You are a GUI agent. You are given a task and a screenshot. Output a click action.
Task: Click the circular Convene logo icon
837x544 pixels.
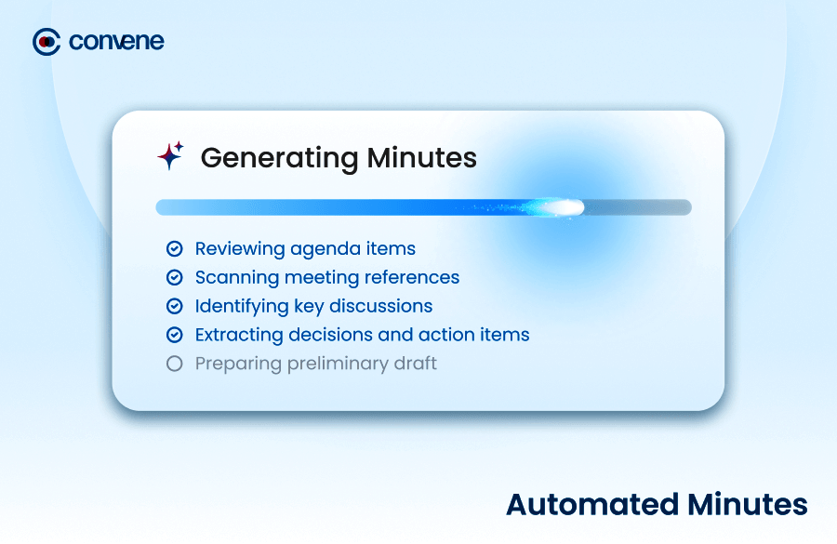[46, 42]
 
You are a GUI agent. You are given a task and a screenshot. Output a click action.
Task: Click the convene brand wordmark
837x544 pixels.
[116, 42]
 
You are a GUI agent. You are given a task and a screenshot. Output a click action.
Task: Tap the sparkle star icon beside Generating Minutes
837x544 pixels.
[171, 155]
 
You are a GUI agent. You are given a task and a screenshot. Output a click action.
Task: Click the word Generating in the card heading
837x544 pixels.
[279, 159]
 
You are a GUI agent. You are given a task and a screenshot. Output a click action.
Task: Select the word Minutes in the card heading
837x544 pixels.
[421, 157]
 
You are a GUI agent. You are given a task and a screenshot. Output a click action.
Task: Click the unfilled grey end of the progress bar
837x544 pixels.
[638, 207]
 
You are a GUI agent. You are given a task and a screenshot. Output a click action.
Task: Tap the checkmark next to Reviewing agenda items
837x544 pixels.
[175, 249]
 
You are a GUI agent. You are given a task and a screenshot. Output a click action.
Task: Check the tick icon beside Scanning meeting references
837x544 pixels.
[175, 278]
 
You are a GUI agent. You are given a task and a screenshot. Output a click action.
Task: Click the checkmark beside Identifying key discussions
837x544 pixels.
[175, 306]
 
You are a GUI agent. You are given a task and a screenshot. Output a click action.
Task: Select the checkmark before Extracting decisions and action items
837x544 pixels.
[175, 335]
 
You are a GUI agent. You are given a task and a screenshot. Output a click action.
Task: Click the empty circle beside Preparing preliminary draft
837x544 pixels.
[175, 364]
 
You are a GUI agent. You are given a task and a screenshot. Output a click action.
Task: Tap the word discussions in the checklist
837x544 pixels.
[380, 306]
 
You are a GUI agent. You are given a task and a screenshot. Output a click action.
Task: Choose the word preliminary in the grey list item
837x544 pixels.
[338, 365]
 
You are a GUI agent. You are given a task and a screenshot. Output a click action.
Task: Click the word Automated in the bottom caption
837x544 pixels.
[592, 505]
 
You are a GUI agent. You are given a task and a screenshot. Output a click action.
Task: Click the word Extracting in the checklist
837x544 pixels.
[239, 336]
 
